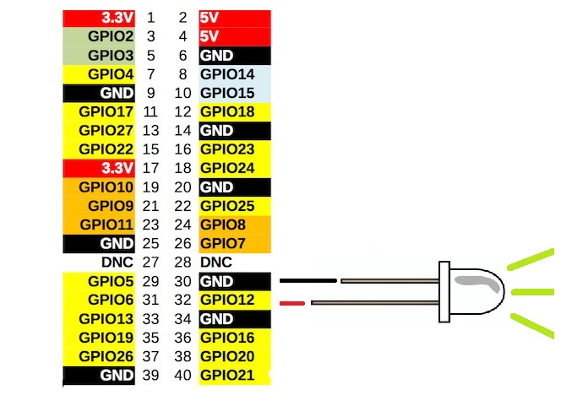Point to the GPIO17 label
click(106, 111)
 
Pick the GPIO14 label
click(227, 74)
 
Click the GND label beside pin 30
click(216, 281)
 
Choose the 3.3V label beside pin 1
click(117, 18)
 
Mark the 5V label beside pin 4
click(210, 36)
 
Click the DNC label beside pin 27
click(117, 263)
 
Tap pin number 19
click(151, 187)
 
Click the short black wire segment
click(308, 281)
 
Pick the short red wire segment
click(293, 302)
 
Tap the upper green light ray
click(530, 259)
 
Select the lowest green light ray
click(531, 326)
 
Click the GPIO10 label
click(106, 187)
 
